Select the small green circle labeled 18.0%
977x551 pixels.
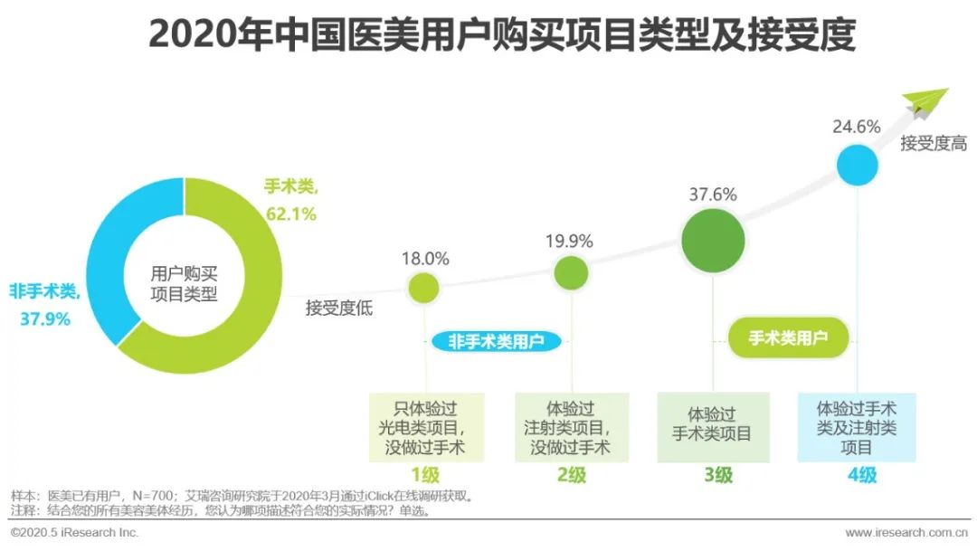coord(423,287)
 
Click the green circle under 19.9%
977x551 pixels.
coord(570,272)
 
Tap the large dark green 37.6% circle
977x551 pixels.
coord(713,241)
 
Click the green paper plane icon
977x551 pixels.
coord(925,102)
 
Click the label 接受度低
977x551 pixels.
coord(339,308)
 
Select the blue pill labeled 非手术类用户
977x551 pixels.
coord(496,341)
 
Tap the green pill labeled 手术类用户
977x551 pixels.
coord(788,338)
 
